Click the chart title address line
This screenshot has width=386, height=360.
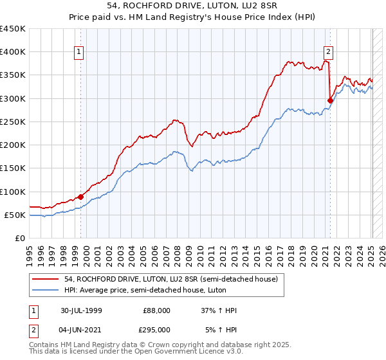click(x=193, y=7)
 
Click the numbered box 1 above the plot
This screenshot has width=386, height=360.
click(x=78, y=53)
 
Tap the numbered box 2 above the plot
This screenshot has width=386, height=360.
click(x=328, y=53)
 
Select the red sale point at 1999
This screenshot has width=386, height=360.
click(x=81, y=197)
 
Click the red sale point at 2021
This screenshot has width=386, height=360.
click(x=330, y=100)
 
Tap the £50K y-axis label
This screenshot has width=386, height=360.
click(x=15, y=215)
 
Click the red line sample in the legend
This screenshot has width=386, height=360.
click(x=45, y=279)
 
